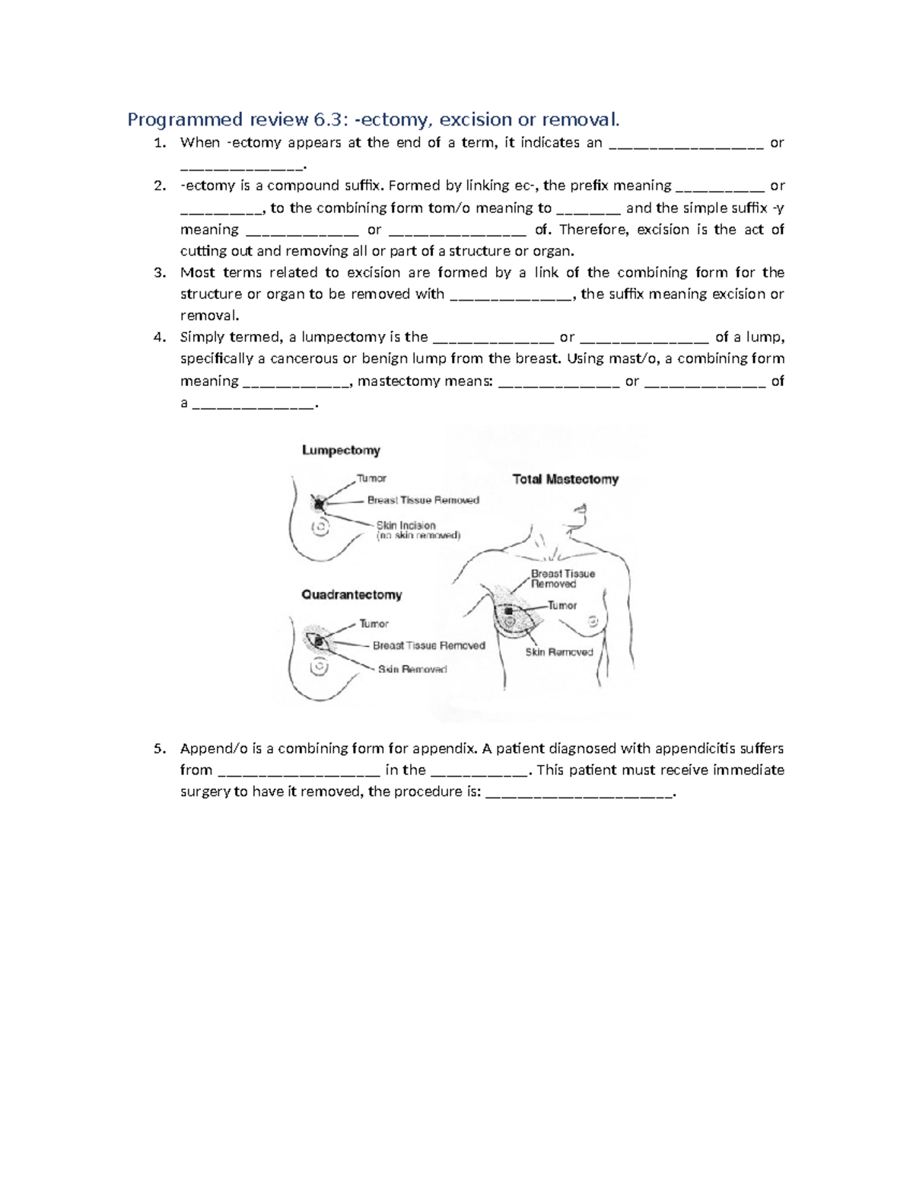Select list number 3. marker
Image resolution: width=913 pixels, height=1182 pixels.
[159, 272]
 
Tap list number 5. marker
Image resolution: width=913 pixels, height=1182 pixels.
[159, 748]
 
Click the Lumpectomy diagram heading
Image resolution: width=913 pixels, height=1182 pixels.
[341, 451]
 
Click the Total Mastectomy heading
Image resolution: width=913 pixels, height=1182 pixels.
[565, 479]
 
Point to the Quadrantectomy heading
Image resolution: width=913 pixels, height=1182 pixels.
[352, 594]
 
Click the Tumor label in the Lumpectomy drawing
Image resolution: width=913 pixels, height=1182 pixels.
[372, 479]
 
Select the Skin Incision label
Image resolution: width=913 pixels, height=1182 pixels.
[406, 525]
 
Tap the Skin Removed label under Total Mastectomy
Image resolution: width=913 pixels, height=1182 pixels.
[559, 652]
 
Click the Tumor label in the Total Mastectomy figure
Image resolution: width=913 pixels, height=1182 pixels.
[562, 606]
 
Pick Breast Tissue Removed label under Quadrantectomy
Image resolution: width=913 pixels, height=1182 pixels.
[428, 645]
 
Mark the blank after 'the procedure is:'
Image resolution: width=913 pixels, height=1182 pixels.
[578, 792]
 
